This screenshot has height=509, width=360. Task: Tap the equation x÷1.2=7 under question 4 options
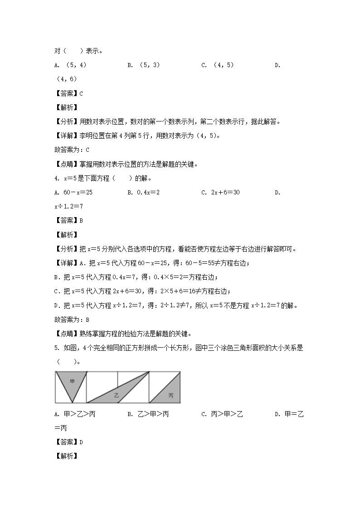coord(68,206)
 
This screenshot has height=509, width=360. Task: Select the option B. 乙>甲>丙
coord(148,414)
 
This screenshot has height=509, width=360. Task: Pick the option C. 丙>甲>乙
coord(222,414)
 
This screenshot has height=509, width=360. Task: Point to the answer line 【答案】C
coord(68,93)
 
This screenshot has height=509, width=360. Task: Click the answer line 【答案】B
coord(68,220)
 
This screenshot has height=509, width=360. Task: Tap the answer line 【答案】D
coord(68,442)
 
